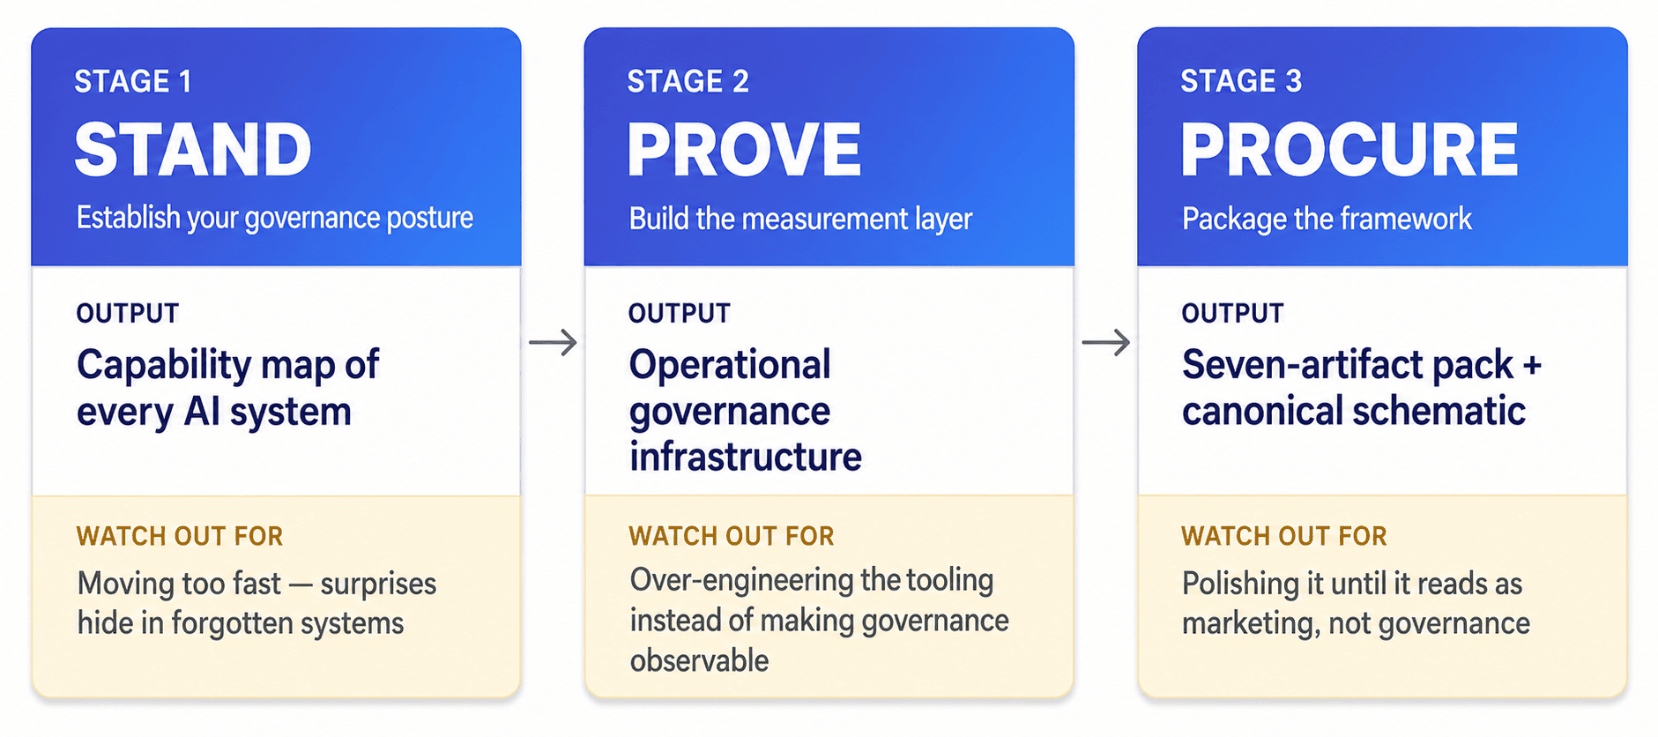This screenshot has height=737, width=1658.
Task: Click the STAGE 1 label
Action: click(x=133, y=81)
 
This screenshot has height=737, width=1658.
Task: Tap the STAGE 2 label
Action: click(x=688, y=81)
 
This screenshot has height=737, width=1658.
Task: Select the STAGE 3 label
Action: click(x=1241, y=81)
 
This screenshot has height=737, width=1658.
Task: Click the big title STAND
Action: click(x=193, y=149)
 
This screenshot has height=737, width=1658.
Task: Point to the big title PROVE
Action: click(x=744, y=149)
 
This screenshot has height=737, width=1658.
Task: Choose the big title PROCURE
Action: click(x=1349, y=149)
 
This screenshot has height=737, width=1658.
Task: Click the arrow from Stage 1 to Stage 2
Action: click(x=553, y=342)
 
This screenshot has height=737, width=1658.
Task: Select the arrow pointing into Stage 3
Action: click(x=1106, y=342)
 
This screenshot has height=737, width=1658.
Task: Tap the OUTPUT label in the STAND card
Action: click(x=128, y=313)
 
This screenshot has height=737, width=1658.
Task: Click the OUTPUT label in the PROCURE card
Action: click(x=1232, y=313)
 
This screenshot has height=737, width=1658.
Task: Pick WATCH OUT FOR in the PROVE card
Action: click(x=732, y=536)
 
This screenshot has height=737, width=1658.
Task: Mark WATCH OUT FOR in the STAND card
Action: click(x=180, y=536)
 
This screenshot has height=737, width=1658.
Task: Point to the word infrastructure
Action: click(x=746, y=457)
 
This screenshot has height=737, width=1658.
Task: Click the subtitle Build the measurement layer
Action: click(x=800, y=219)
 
